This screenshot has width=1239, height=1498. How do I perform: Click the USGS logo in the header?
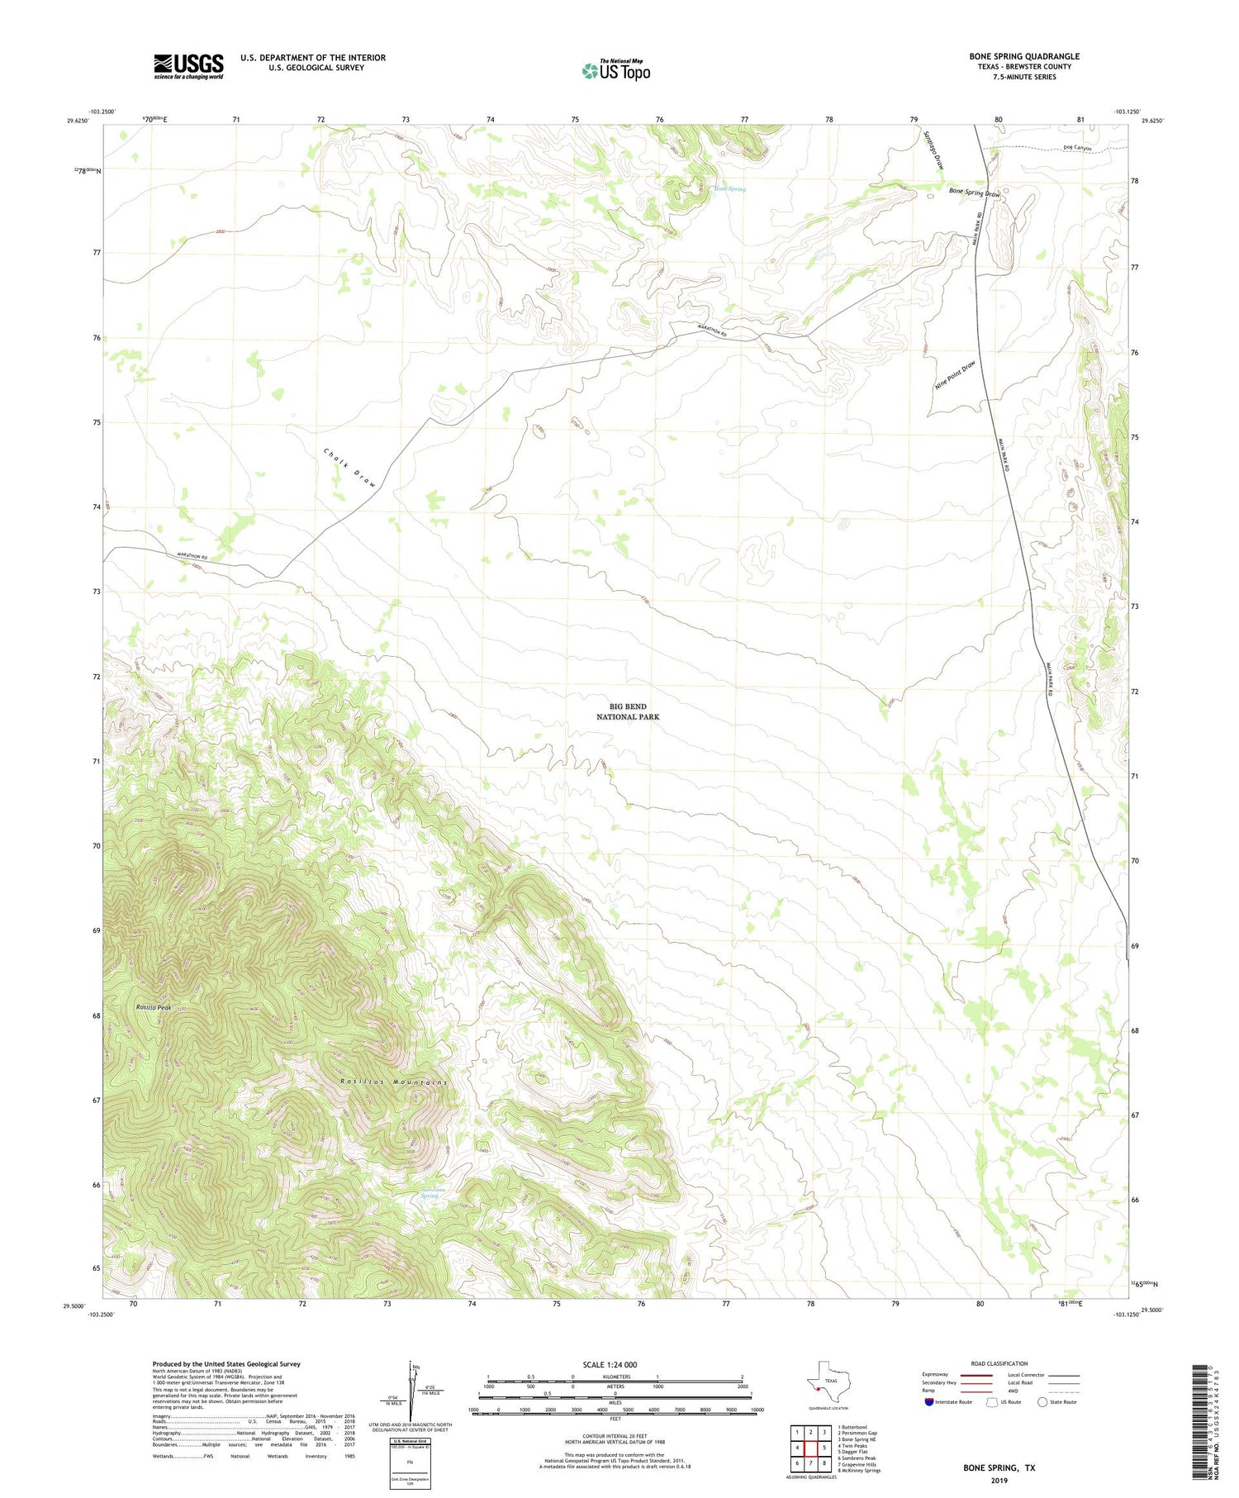[x=188, y=66]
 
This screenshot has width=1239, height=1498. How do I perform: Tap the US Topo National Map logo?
[x=615, y=71]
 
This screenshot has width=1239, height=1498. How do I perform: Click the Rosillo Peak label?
[x=154, y=1007]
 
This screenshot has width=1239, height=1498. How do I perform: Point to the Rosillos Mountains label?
[x=394, y=1082]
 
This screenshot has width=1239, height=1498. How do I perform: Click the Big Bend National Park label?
[x=628, y=711]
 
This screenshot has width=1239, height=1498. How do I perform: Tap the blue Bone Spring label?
[x=730, y=189]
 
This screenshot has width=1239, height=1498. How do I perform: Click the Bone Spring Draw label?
[x=975, y=193]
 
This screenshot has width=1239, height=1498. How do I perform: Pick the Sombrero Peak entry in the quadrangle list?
[x=857, y=1458]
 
